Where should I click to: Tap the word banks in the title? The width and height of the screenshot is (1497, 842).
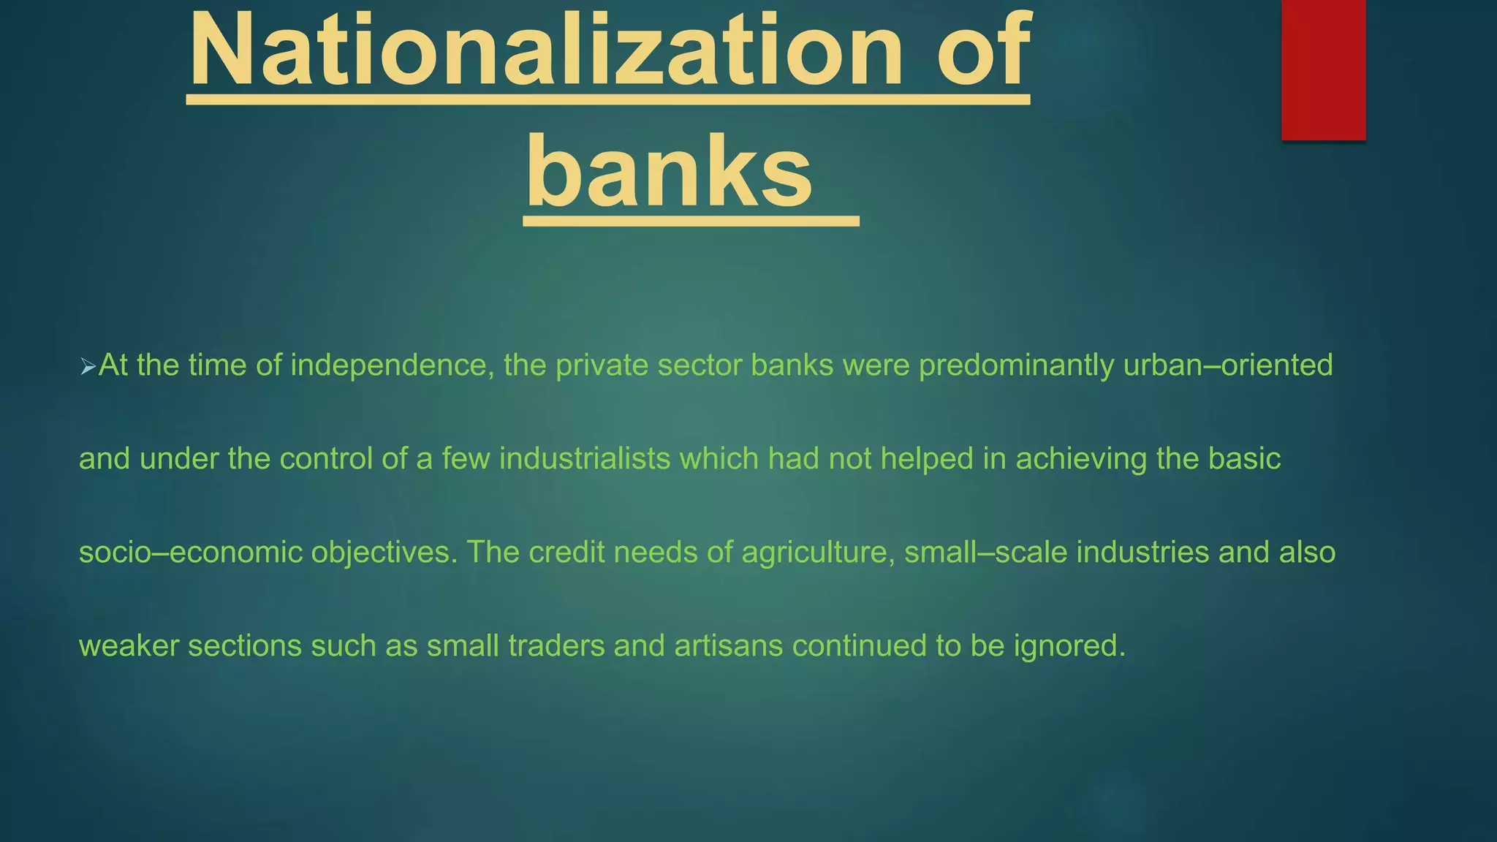point(669,172)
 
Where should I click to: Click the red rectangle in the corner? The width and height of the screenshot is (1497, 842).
point(1323,69)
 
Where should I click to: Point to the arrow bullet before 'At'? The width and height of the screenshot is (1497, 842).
point(88,367)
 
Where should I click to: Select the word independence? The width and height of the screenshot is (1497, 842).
point(388,365)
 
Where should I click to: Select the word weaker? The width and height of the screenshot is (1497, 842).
point(129,646)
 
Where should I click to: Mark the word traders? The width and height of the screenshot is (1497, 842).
point(556,646)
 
